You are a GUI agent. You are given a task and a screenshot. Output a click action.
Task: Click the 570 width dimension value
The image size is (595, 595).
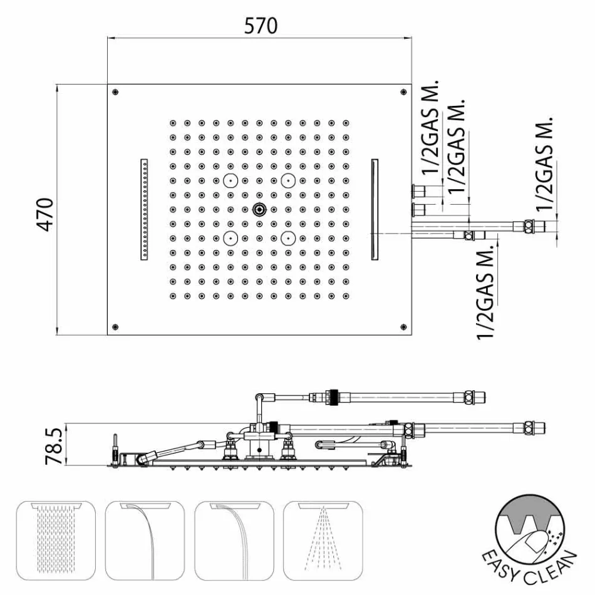[261, 26]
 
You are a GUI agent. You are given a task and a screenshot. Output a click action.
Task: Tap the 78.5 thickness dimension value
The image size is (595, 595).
[53, 446]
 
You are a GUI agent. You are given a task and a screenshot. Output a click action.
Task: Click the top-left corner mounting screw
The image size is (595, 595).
[115, 92]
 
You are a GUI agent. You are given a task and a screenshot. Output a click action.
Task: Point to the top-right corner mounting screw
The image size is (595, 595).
[403, 92]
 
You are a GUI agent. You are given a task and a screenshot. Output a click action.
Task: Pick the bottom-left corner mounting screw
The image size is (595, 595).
[115, 327]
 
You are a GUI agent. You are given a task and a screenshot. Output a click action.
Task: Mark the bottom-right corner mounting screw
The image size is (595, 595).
[403, 327]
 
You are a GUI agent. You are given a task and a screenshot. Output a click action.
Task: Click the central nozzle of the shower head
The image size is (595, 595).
[259, 209]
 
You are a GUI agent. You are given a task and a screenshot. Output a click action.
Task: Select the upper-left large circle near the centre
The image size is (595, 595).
[230, 180]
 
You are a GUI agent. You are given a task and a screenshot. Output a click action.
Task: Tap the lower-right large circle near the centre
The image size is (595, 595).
[288, 238]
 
